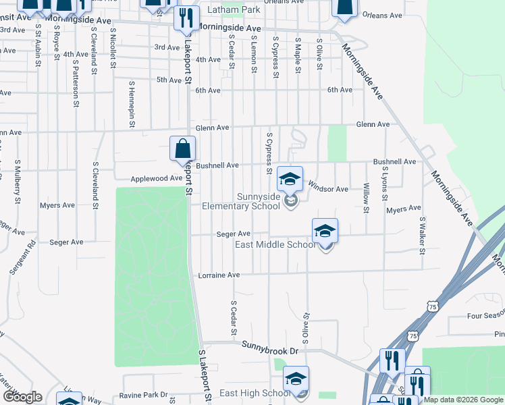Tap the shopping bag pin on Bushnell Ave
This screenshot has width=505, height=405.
click(182, 148)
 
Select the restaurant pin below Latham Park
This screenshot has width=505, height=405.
click(186, 18)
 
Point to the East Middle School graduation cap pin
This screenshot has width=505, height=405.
click(325, 231)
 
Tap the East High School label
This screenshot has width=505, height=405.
click(255, 393)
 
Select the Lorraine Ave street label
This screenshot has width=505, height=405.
click(219, 275)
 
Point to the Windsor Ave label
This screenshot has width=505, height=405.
click(327, 189)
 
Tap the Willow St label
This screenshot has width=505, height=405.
click(367, 198)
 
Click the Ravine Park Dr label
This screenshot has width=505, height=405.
click(142, 395)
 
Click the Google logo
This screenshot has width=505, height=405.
click(22, 397)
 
